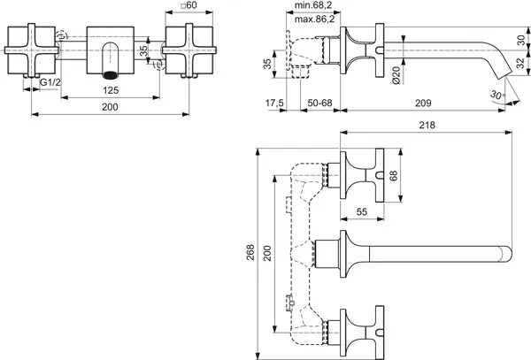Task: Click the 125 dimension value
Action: click(x=111, y=90)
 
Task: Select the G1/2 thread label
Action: click(x=50, y=82)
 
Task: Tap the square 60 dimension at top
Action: click(x=189, y=5)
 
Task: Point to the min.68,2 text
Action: click(x=313, y=5)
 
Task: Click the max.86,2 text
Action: click(x=314, y=19)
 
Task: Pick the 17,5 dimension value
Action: click(x=274, y=103)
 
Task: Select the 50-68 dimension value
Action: click(x=320, y=103)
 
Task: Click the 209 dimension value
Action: click(x=423, y=103)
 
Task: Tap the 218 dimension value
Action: click(x=427, y=125)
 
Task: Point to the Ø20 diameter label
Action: click(x=396, y=75)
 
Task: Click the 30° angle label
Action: click(x=497, y=95)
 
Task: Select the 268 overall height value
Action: click(x=250, y=252)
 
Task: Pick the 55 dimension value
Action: click(x=362, y=211)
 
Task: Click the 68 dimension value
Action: click(x=393, y=176)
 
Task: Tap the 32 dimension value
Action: click(x=521, y=64)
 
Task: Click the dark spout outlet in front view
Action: click(x=110, y=75)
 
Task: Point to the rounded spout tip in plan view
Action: click(x=506, y=254)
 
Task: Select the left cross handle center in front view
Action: click(x=31, y=50)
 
